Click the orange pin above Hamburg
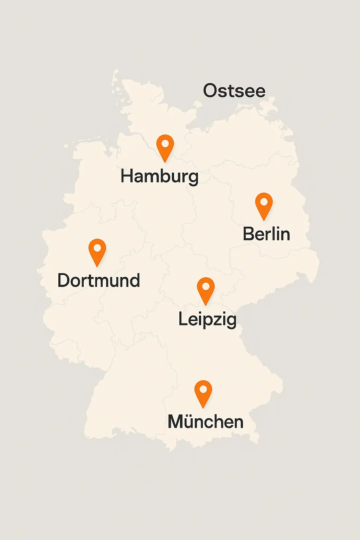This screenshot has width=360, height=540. click(165, 147)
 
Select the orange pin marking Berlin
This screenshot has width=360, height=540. click(264, 205)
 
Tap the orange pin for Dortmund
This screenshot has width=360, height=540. click(97, 251)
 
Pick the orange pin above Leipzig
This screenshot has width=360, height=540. click(206, 289)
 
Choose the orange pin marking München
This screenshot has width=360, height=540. click(203, 392)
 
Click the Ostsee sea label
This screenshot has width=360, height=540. click(234, 91)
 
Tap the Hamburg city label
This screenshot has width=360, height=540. click(160, 176)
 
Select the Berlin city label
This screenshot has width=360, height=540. click(266, 234)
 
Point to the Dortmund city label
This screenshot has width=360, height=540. click(99, 281)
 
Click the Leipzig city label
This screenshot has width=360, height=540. click(207, 320)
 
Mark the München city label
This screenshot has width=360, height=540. click(206, 422)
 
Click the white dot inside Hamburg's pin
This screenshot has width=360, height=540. click(165, 143)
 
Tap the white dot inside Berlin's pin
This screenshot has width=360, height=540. click(264, 202)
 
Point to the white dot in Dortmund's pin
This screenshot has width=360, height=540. click(97, 248)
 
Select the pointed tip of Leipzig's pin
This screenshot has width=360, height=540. click(206, 305)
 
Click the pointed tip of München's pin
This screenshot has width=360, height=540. click(203, 408)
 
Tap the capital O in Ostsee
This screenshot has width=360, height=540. click(211, 91)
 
